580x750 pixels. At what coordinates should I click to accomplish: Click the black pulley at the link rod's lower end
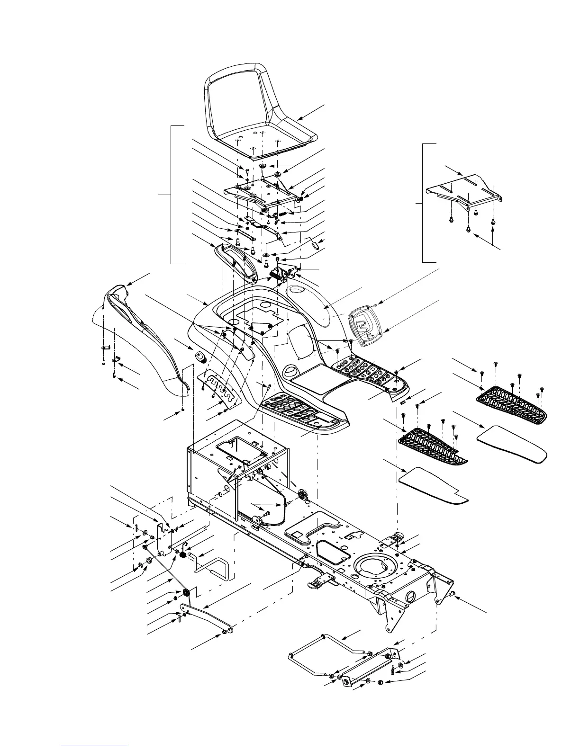(x=185, y=592)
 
